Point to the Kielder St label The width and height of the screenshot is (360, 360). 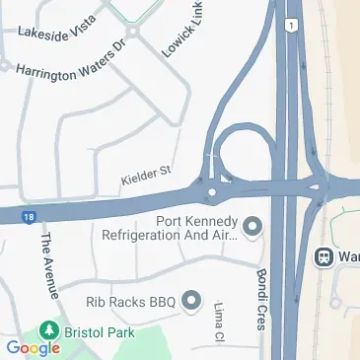tap(146, 175)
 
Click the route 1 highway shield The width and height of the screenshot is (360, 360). tap(292, 24)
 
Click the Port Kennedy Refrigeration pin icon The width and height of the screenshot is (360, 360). tap(253, 228)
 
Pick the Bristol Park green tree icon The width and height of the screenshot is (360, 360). tap(44, 331)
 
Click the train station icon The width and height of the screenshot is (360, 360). tap(324, 257)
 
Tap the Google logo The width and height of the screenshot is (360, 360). tap(33, 347)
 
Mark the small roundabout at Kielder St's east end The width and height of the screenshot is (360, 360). tap(212, 189)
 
